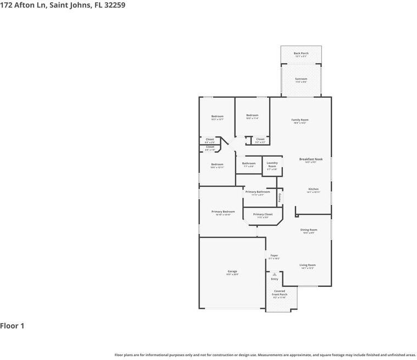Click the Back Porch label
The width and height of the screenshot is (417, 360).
[x=301, y=53]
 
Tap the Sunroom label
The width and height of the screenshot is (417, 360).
[x=301, y=79]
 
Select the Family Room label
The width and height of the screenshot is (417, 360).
[x=300, y=120]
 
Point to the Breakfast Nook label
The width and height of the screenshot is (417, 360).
[x=311, y=159]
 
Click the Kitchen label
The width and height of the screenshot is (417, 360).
[x=313, y=189]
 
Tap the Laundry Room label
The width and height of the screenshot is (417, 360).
[x=272, y=164]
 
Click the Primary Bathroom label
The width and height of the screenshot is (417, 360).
[x=258, y=192]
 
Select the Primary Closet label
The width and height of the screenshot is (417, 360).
[x=263, y=214]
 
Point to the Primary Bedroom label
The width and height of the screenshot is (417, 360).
[x=223, y=212]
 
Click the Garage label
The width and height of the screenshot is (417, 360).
[x=232, y=272]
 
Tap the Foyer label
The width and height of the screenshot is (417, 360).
[x=274, y=256]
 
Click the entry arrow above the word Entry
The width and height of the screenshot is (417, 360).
[x=275, y=274]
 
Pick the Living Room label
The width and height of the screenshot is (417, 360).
[x=308, y=265]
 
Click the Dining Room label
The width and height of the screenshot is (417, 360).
[x=309, y=230]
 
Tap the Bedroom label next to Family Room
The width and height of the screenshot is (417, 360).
[x=252, y=115]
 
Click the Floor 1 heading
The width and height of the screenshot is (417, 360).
[x=12, y=326]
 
